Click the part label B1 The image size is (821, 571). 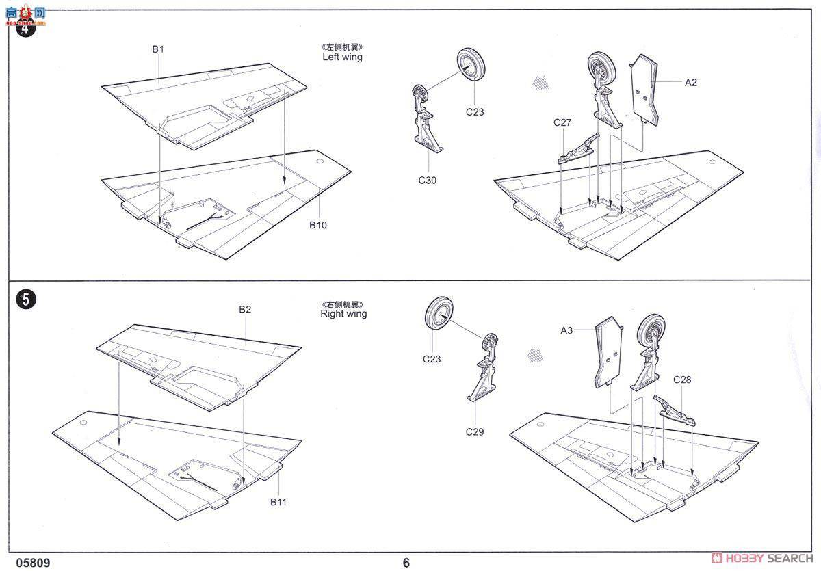pyautogui.click(x=158, y=49)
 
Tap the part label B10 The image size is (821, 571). pyautogui.click(x=317, y=225)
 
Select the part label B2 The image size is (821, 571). pyautogui.click(x=245, y=309)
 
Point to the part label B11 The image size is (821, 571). pyautogui.click(x=278, y=502)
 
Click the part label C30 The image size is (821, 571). pyautogui.click(x=428, y=181)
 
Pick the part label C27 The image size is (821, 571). pyautogui.click(x=562, y=122)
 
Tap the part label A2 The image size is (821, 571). pyautogui.click(x=690, y=83)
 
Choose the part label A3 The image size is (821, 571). pyautogui.click(x=566, y=330)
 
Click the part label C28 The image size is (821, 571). pyautogui.click(x=682, y=380)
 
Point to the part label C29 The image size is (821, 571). pyautogui.click(x=475, y=431)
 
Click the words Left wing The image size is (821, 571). pyautogui.click(x=342, y=57)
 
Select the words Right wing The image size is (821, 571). pyautogui.click(x=343, y=314)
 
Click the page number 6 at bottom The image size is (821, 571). pyautogui.click(x=406, y=563)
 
